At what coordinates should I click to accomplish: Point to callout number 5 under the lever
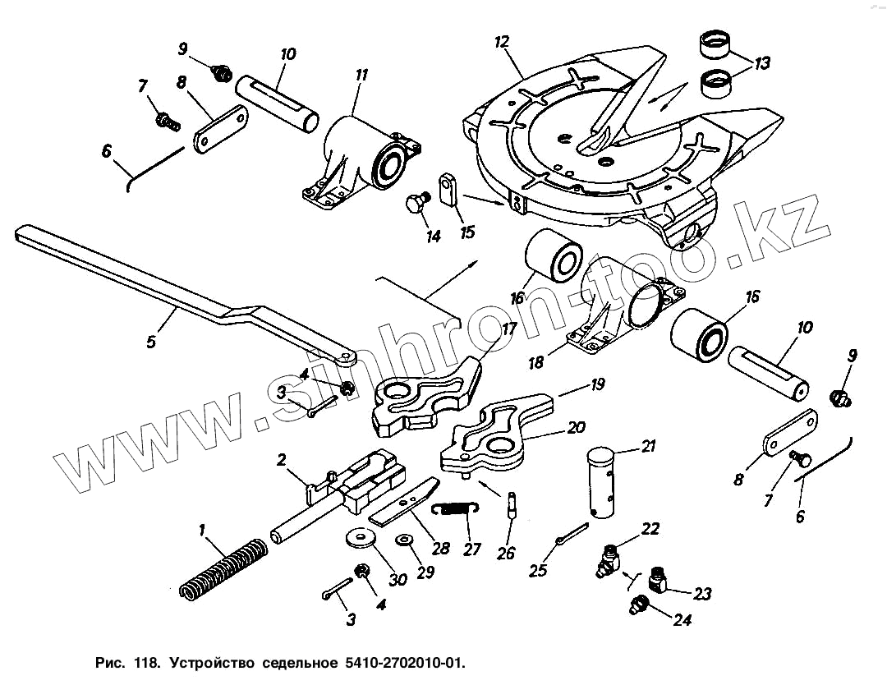(x=151, y=341)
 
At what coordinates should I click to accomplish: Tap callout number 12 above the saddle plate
(x=503, y=42)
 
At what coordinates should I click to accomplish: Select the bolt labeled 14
(x=416, y=202)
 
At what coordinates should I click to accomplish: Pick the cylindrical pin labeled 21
(x=606, y=483)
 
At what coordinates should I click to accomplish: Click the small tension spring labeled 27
(x=455, y=510)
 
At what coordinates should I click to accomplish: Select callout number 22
(x=650, y=530)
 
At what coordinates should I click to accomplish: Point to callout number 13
(x=762, y=63)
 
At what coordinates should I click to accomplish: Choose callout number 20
(x=576, y=428)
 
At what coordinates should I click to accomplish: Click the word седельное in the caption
(x=301, y=662)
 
